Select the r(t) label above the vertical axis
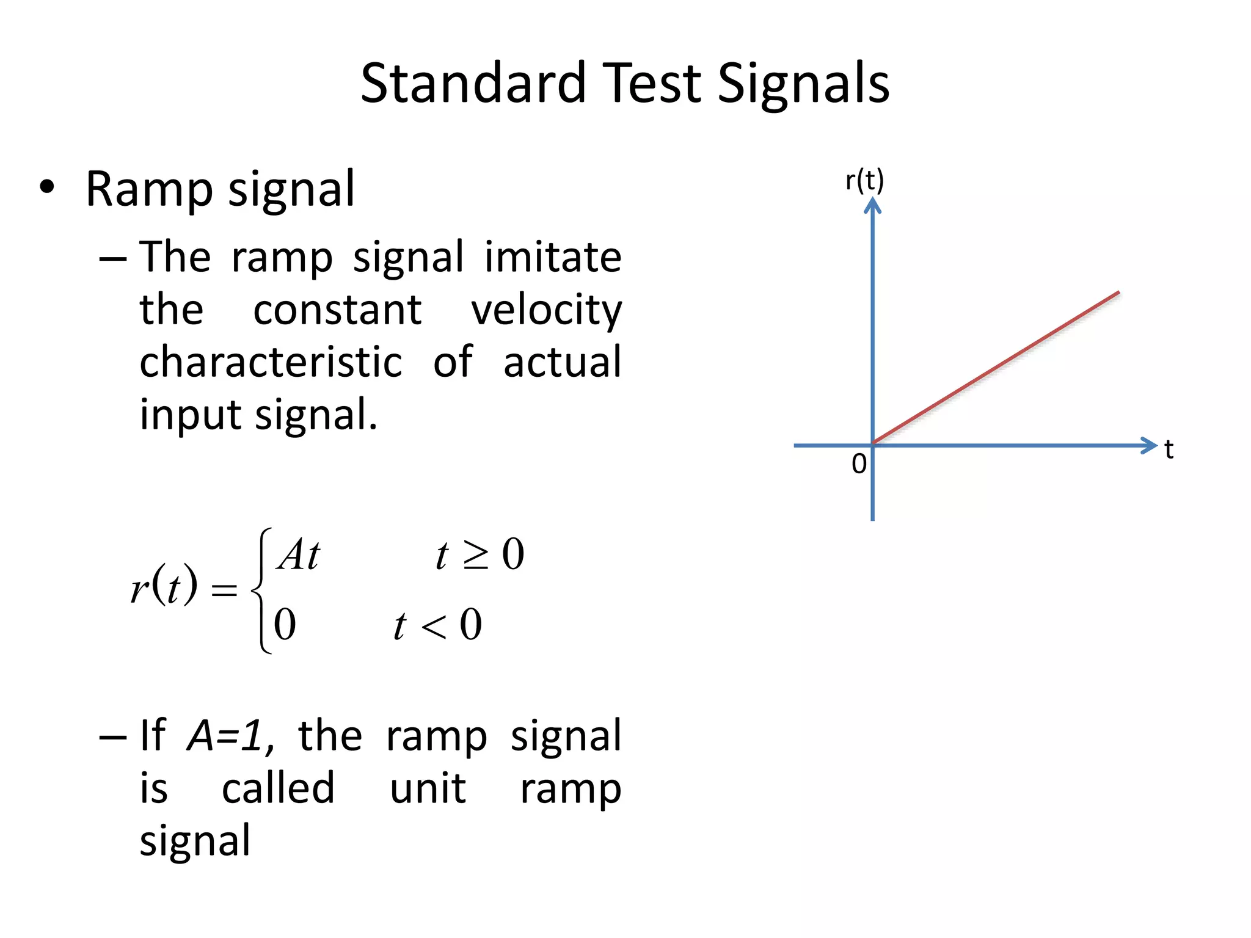tap(864, 181)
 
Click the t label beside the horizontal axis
tap(1169, 449)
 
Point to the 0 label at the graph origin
tap(859, 464)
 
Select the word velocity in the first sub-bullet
tap(546, 310)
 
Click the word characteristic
tap(271, 362)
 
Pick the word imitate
tap(553, 257)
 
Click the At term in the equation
tap(298, 554)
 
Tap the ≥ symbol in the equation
tap(476, 556)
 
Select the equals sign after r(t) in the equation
tap(224, 590)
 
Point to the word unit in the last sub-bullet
tap(428, 788)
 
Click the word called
tap(278, 788)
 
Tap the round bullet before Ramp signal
tap(47, 188)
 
